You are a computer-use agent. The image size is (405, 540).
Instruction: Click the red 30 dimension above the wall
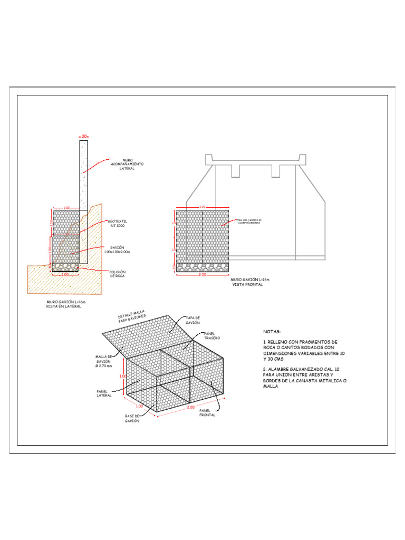84,136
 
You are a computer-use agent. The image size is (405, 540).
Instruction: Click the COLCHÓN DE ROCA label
117,274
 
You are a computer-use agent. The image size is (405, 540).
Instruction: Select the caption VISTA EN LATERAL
63,306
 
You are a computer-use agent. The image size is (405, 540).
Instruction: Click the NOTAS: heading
272,332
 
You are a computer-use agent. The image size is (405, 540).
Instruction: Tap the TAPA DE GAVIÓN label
192,320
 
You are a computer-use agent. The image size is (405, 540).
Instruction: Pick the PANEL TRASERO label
211,336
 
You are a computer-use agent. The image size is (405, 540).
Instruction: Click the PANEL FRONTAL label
207,412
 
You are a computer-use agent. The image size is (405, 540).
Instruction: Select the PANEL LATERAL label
104,393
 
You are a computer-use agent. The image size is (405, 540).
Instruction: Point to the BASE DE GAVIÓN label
132,419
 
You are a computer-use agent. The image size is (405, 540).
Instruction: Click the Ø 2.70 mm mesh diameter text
103,366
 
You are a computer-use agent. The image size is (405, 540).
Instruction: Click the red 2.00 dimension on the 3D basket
190,408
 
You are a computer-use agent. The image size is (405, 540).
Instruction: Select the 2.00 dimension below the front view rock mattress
202,275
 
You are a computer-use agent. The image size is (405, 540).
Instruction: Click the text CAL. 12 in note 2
334,369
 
